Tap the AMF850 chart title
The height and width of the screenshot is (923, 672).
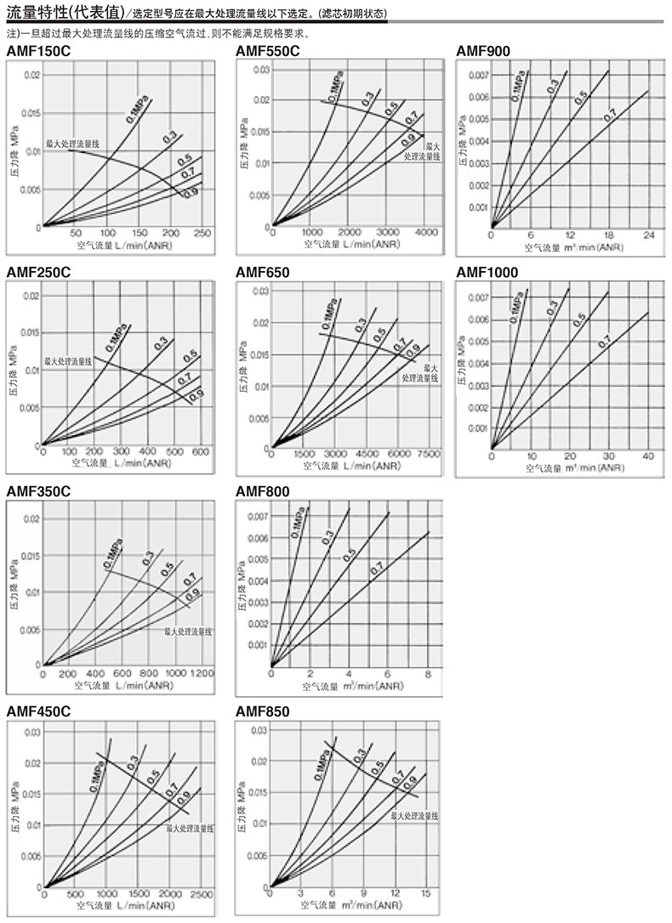point(262,711)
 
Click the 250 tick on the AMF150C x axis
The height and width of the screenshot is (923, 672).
point(202,234)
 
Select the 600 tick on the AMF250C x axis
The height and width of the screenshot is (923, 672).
point(201,452)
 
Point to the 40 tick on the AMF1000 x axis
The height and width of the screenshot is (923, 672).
point(648,456)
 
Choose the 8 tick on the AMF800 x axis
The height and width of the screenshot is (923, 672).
point(427,674)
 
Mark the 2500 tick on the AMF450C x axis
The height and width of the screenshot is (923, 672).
point(201,894)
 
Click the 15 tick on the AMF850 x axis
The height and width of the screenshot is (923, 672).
point(426,893)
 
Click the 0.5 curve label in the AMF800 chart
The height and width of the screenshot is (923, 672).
point(349,555)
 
